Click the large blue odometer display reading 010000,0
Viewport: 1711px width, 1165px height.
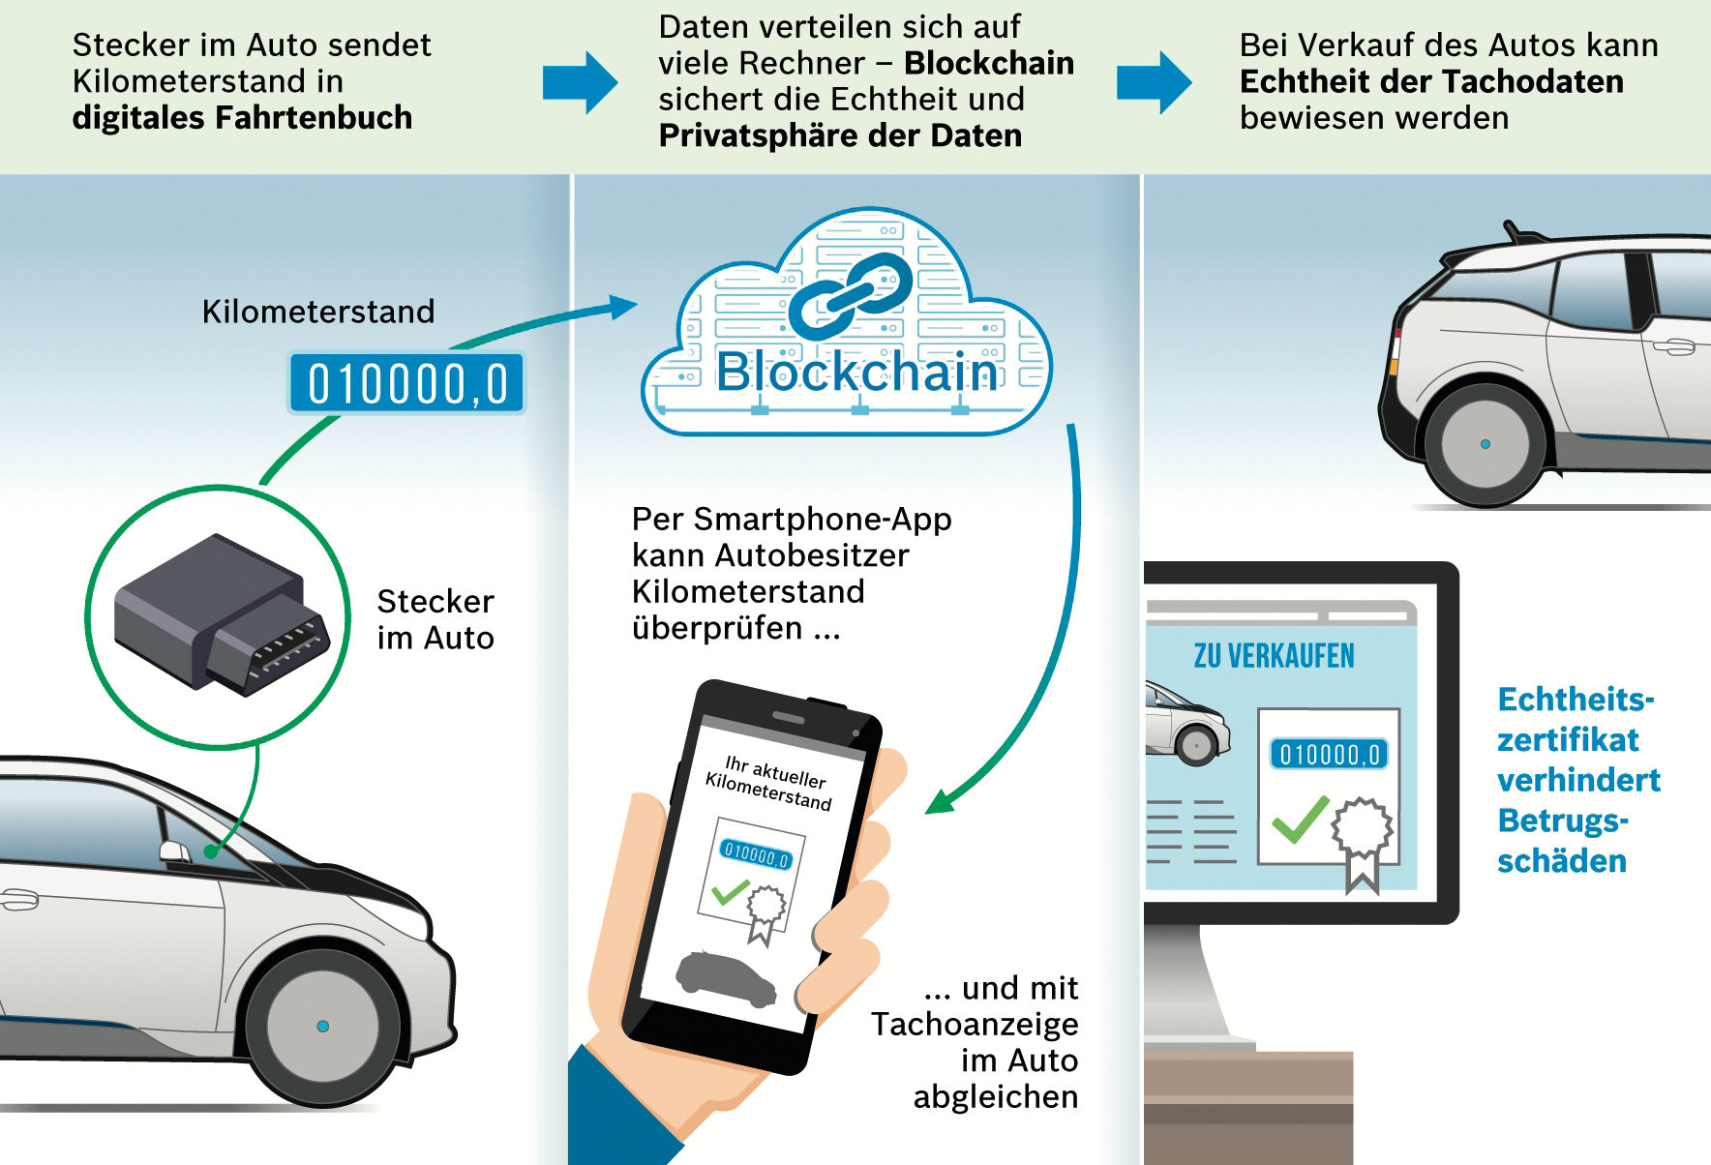[x=406, y=383]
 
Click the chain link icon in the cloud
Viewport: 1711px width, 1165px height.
[x=850, y=296]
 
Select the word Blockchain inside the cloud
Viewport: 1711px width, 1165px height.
[x=856, y=373]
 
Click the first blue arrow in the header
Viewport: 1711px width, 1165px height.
[x=580, y=82]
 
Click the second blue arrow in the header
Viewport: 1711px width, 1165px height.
[x=1154, y=82]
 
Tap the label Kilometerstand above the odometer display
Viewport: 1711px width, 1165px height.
[x=318, y=312]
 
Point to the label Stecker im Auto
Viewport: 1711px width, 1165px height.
[x=435, y=619]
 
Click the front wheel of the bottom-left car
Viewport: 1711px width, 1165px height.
[x=322, y=1026]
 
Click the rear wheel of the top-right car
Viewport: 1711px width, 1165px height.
[x=1485, y=444]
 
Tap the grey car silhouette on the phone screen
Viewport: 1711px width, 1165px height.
[x=727, y=977]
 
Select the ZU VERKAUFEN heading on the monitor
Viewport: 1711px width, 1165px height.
[x=1274, y=656]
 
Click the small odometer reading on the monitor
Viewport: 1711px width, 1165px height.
[x=1329, y=755]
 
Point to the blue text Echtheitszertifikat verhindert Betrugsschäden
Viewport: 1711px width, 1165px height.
[x=1577, y=780]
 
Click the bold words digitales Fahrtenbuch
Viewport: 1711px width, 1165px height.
[x=242, y=118]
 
